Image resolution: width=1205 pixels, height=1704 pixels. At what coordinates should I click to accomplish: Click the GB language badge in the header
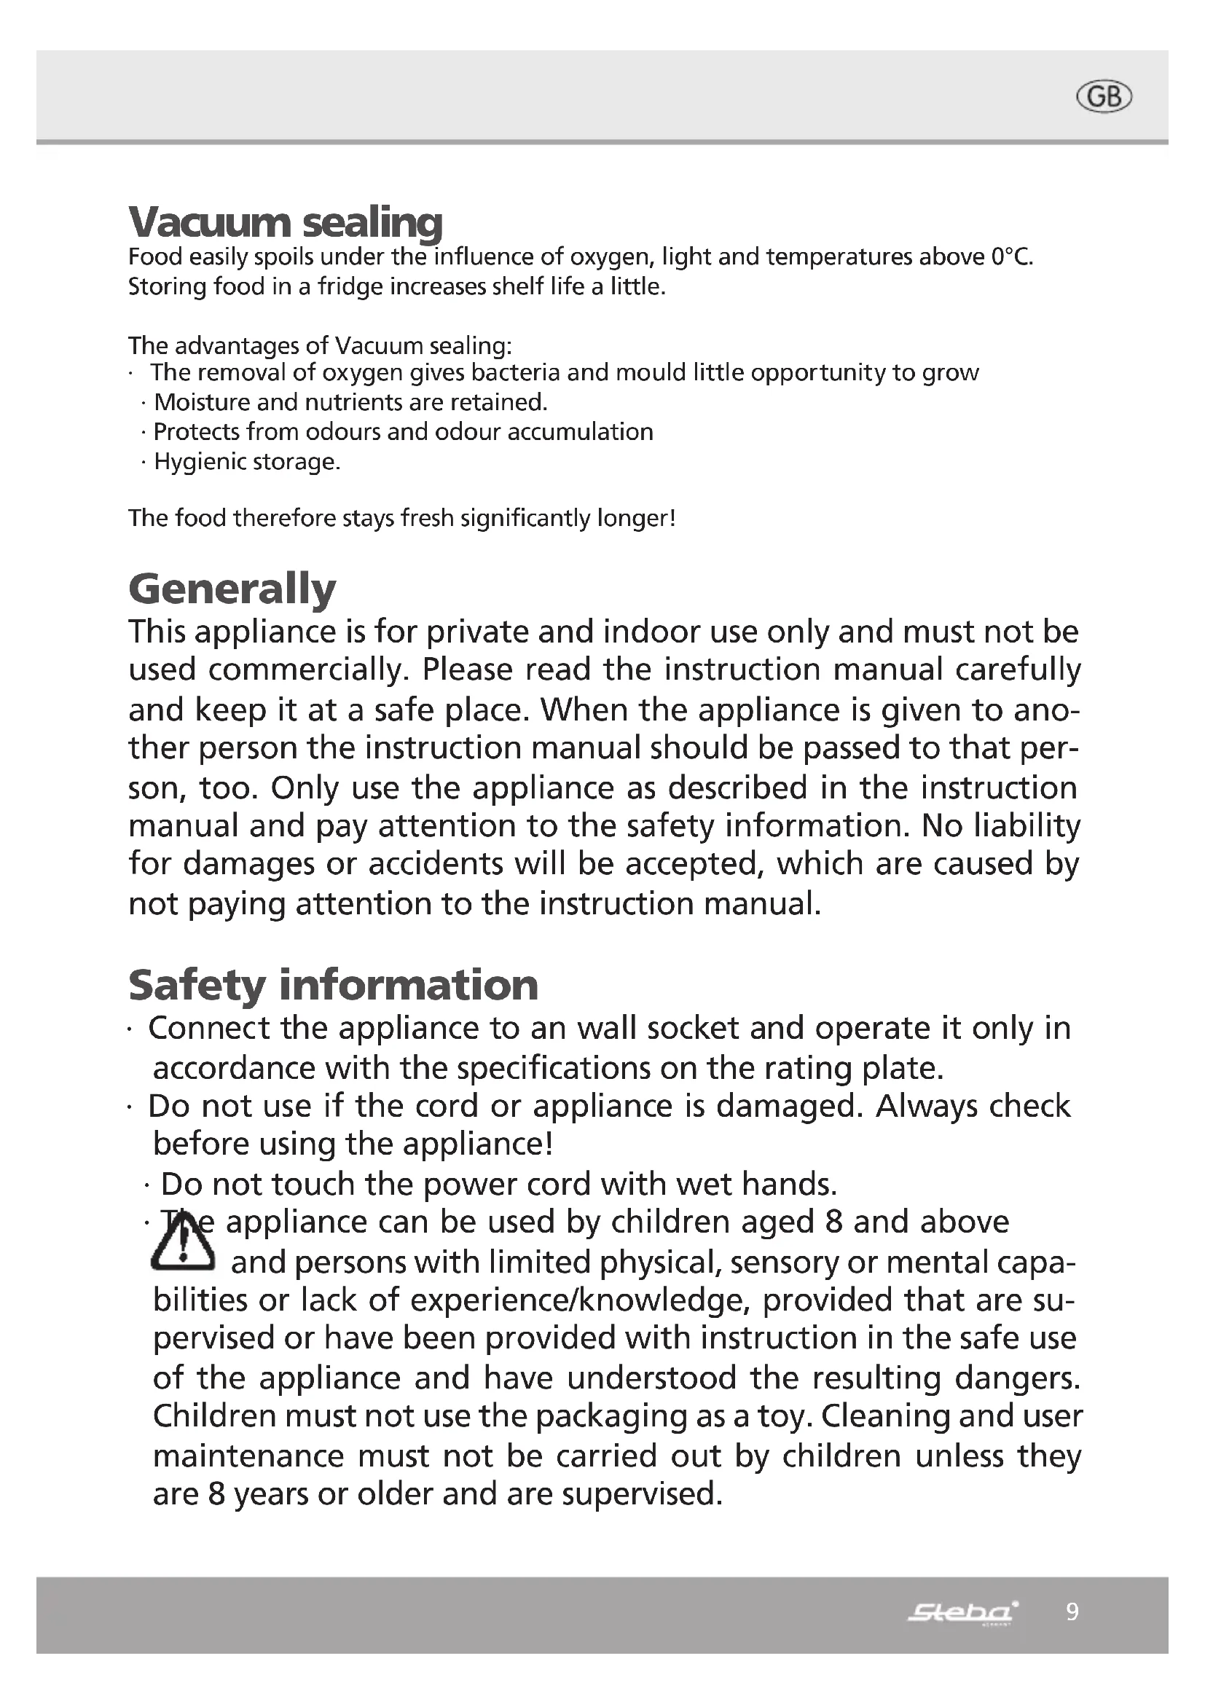[1104, 97]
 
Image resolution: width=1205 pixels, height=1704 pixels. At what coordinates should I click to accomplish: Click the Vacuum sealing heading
[285, 221]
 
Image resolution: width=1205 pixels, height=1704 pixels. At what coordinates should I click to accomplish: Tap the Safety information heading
[333, 985]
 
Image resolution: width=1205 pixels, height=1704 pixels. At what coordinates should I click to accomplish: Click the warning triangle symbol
[183, 1244]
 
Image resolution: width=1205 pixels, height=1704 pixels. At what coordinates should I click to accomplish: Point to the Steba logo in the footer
[963, 1611]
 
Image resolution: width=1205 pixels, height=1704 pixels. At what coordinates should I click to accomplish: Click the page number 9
[1072, 1611]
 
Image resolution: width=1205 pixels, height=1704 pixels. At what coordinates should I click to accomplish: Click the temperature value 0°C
[1010, 256]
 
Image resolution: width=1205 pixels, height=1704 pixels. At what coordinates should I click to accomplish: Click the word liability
[1033, 825]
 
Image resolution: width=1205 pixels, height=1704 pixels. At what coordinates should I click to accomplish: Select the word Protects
[197, 432]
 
